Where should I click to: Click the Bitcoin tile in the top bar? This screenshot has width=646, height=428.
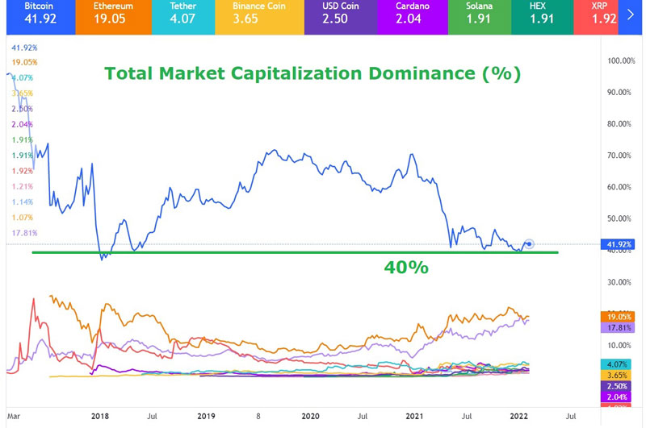click(36, 16)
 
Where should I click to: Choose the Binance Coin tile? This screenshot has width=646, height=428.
click(254, 16)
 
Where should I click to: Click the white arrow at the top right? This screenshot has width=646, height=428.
click(631, 15)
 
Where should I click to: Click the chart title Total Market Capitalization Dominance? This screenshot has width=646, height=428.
click(312, 75)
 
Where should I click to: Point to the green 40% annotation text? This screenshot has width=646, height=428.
click(406, 267)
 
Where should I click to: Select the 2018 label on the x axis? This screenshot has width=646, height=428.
click(100, 416)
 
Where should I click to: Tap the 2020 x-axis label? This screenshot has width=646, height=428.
click(310, 416)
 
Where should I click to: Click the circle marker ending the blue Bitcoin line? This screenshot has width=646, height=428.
click(529, 243)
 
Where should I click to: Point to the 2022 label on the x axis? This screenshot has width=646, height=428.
click(518, 416)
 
